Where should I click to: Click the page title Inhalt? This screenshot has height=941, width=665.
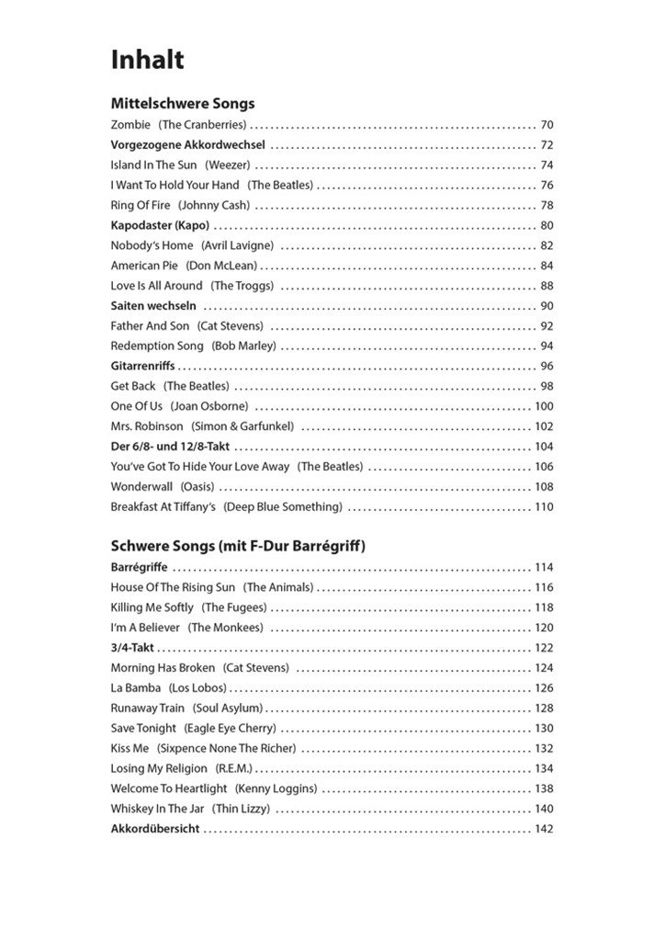[147, 61]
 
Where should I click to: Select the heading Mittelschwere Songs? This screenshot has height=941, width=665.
[183, 104]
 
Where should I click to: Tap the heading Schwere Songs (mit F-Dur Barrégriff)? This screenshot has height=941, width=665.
[238, 547]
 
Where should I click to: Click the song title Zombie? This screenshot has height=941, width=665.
[130, 125]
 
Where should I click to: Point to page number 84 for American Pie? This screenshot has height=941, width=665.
[547, 266]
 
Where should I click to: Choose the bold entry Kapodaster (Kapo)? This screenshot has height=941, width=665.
[160, 225]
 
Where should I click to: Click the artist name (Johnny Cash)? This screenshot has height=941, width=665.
[213, 205]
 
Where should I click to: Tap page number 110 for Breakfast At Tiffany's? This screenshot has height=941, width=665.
[544, 507]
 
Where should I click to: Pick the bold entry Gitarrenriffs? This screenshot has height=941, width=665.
[142, 366]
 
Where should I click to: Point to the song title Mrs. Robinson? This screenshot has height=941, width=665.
[147, 426]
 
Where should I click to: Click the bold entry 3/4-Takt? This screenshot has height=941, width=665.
[133, 648]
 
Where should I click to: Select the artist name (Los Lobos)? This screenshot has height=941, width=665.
[197, 687]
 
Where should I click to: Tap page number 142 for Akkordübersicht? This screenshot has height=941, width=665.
[544, 829]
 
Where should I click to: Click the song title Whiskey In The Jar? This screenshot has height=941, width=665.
[158, 809]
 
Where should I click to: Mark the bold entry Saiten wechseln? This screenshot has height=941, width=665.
[153, 306]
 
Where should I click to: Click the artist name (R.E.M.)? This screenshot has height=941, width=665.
[233, 768]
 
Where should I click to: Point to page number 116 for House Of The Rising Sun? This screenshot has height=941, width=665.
[544, 587]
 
